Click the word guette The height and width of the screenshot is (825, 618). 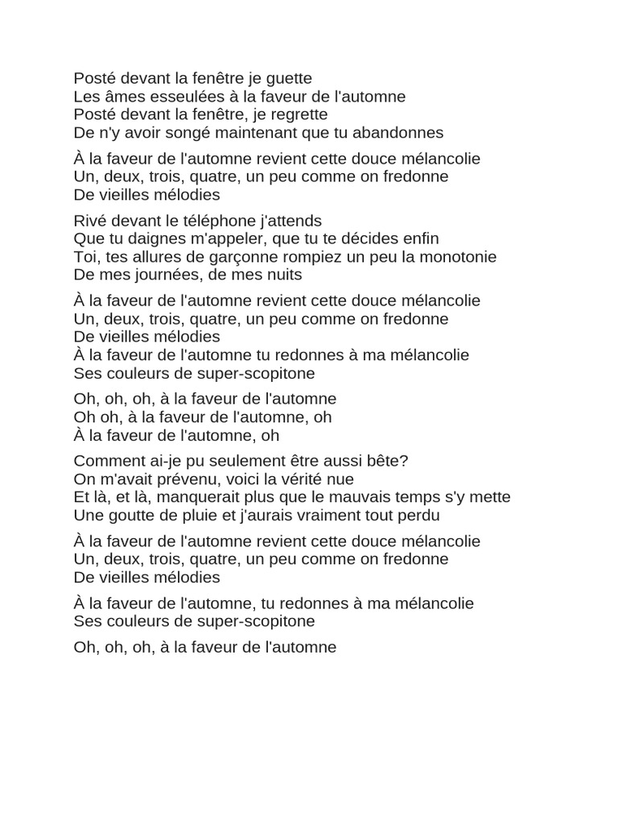point(287,79)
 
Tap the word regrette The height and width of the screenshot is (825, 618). point(299,114)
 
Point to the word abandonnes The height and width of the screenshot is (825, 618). point(400,132)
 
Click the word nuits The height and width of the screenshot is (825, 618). point(282,275)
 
